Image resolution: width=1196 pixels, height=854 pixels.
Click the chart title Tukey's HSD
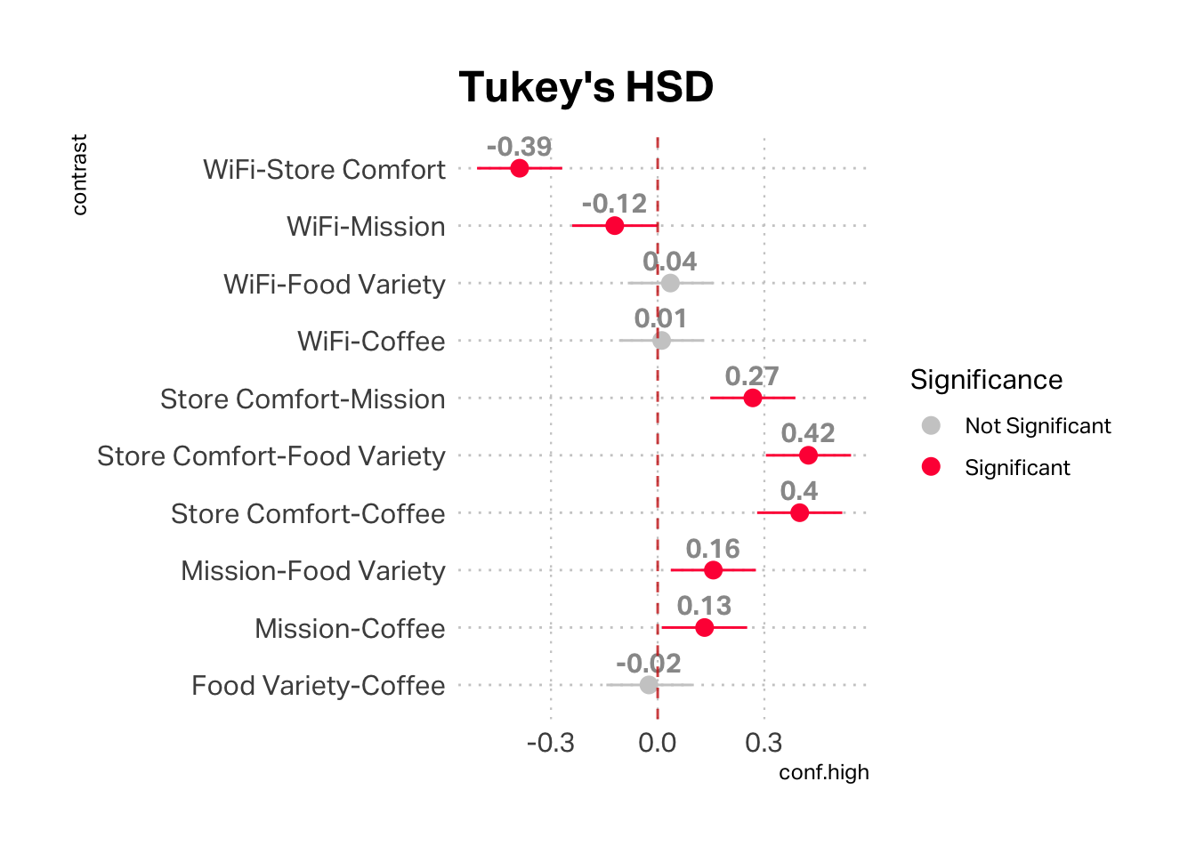[586, 87]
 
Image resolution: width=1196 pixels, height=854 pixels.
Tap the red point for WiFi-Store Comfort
[520, 168]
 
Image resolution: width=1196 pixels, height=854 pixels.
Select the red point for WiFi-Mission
[615, 226]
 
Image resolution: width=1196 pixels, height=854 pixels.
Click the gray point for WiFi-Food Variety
[670, 283]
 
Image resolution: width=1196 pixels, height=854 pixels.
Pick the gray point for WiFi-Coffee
[661, 341]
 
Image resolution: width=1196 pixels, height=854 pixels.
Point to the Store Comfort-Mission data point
[753, 398]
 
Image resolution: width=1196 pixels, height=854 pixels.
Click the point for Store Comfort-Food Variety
[808, 455]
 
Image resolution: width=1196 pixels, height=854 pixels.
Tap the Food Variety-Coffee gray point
[649, 685]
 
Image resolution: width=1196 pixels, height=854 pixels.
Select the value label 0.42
[808, 433]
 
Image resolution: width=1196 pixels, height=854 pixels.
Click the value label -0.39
[520, 147]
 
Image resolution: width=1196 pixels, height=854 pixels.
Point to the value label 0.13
[704, 606]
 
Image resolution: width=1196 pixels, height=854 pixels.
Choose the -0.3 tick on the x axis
[551, 743]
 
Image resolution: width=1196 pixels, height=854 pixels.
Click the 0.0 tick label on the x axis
[658, 743]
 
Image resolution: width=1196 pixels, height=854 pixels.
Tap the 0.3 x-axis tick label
[764, 743]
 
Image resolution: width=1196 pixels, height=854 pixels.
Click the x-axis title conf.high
[824, 772]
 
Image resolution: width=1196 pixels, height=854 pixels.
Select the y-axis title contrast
[79, 175]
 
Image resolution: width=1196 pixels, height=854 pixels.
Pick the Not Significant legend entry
[1038, 426]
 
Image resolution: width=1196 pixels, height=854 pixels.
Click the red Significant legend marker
[931, 467]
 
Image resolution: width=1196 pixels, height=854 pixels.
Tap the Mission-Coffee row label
[350, 629]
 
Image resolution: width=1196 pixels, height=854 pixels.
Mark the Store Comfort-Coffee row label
[308, 514]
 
